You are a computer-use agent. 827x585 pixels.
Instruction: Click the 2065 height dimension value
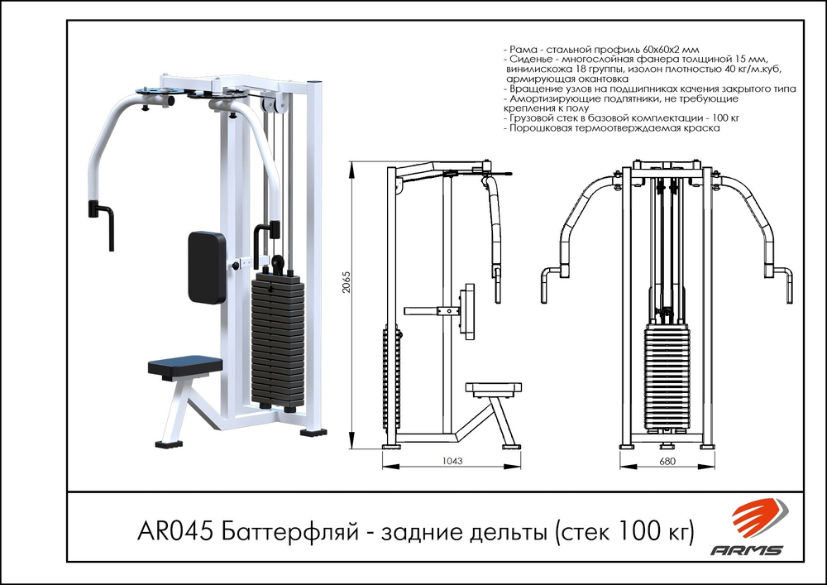(x=344, y=286)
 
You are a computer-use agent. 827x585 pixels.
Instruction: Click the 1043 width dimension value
(x=452, y=461)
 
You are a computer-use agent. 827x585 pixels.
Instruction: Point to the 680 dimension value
(x=666, y=461)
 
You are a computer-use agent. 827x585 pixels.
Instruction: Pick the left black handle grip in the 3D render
(x=105, y=223)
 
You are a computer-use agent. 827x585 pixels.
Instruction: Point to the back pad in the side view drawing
(x=468, y=310)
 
